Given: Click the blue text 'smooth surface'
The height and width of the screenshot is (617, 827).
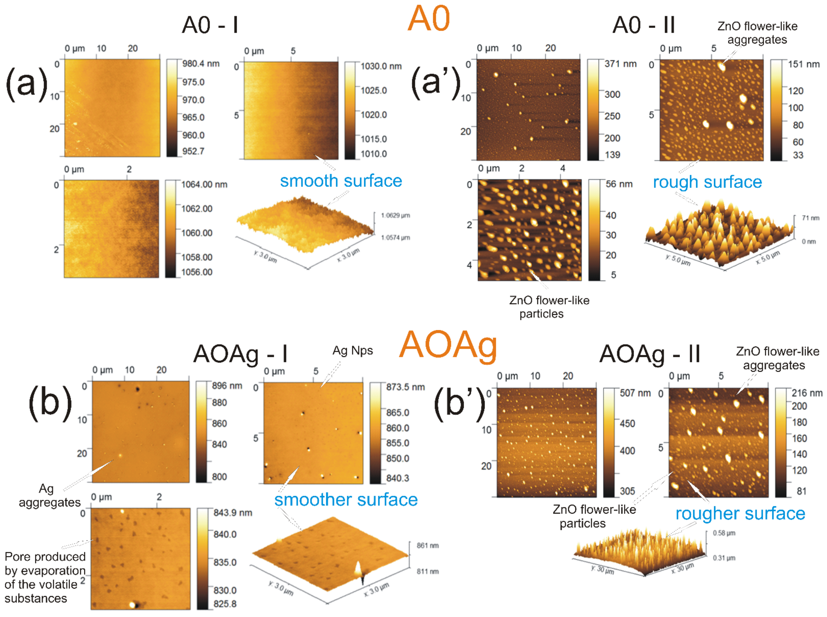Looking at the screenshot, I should [x=341, y=181].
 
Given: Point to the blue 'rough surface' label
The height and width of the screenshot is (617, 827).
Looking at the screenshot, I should [x=707, y=182].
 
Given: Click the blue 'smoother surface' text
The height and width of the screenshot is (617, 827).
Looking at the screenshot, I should [x=346, y=500].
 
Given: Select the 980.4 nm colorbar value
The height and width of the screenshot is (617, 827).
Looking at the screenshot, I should [x=201, y=64].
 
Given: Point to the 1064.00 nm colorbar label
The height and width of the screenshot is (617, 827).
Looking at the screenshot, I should [x=204, y=185].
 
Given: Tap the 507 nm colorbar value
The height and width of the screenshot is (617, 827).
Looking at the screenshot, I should [x=635, y=393].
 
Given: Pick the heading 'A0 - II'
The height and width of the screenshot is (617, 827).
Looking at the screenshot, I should [x=644, y=25].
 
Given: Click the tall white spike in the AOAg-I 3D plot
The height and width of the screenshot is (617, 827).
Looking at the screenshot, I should [x=358, y=568].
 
